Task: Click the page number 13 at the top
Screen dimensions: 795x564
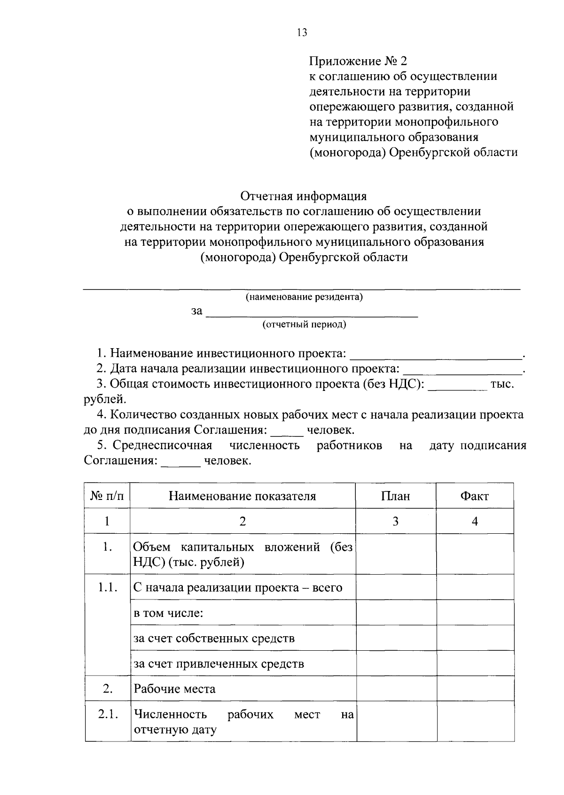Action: [x=302, y=32]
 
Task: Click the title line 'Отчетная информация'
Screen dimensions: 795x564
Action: [x=303, y=195]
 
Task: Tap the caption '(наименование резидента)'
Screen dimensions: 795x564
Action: [x=304, y=297]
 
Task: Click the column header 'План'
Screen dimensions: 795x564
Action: [x=395, y=496]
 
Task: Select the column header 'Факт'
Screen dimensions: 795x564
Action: [x=475, y=496]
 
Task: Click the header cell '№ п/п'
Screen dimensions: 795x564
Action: [x=107, y=496]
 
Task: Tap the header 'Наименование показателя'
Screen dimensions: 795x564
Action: [x=243, y=496]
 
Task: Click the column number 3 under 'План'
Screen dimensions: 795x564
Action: [x=395, y=521]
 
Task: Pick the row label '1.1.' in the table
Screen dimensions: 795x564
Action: [x=107, y=587]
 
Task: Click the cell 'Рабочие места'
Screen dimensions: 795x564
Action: [x=175, y=689]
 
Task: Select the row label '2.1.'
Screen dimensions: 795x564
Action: [x=107, y=714]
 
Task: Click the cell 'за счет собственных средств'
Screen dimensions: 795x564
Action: [x=214, y=638]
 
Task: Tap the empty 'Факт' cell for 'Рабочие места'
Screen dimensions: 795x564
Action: [x=475, y=689]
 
